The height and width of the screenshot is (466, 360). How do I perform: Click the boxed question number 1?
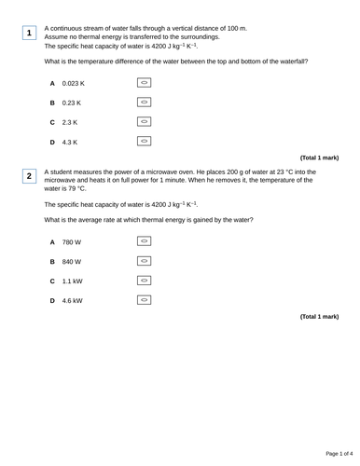(29, 34)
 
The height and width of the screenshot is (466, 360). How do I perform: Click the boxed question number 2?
(29, 176)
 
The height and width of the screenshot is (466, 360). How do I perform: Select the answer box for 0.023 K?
(144, 83)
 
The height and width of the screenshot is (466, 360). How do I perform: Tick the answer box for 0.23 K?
(144, 103)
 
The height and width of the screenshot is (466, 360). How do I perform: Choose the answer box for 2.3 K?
(144, 122)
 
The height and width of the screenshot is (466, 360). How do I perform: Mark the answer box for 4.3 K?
(144, 142)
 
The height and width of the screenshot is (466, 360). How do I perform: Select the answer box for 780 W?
(144, 241)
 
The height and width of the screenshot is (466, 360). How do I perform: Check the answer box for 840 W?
(144, 261)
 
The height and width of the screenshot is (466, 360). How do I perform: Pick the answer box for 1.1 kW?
(144, 281)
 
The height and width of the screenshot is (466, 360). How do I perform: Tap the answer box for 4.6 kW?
(144, 300)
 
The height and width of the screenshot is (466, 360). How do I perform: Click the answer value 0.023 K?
(74, 83)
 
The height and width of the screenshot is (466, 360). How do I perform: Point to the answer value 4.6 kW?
(72, 301)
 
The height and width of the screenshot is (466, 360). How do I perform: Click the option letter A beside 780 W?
(53, 242)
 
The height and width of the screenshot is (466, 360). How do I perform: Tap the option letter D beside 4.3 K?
(53, 143)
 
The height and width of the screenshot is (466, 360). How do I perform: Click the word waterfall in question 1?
(290, 62)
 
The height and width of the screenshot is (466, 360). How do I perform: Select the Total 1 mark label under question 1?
(319, 158)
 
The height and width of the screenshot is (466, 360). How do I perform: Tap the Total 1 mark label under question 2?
(319, 317)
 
